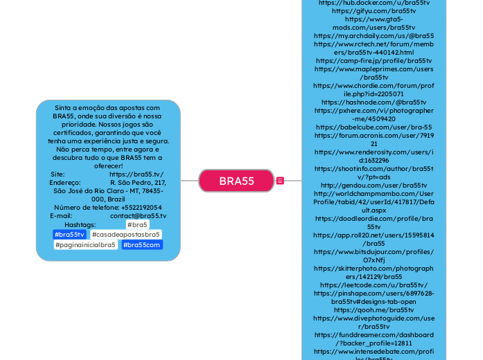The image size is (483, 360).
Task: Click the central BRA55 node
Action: [x=236, y=181]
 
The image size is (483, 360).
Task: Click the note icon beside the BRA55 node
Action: [x=280, y=181]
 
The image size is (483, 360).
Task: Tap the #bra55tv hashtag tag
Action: [x=69, y=235]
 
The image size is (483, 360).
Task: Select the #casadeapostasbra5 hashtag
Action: [x=125, y=235]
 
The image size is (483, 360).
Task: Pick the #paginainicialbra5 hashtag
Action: [x=87, y=245]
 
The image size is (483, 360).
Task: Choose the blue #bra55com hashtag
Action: [x=142, y=245]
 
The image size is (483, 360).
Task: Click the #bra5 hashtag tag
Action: [x=137, y=225]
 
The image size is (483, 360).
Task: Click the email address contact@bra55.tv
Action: [x=138, y=216]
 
